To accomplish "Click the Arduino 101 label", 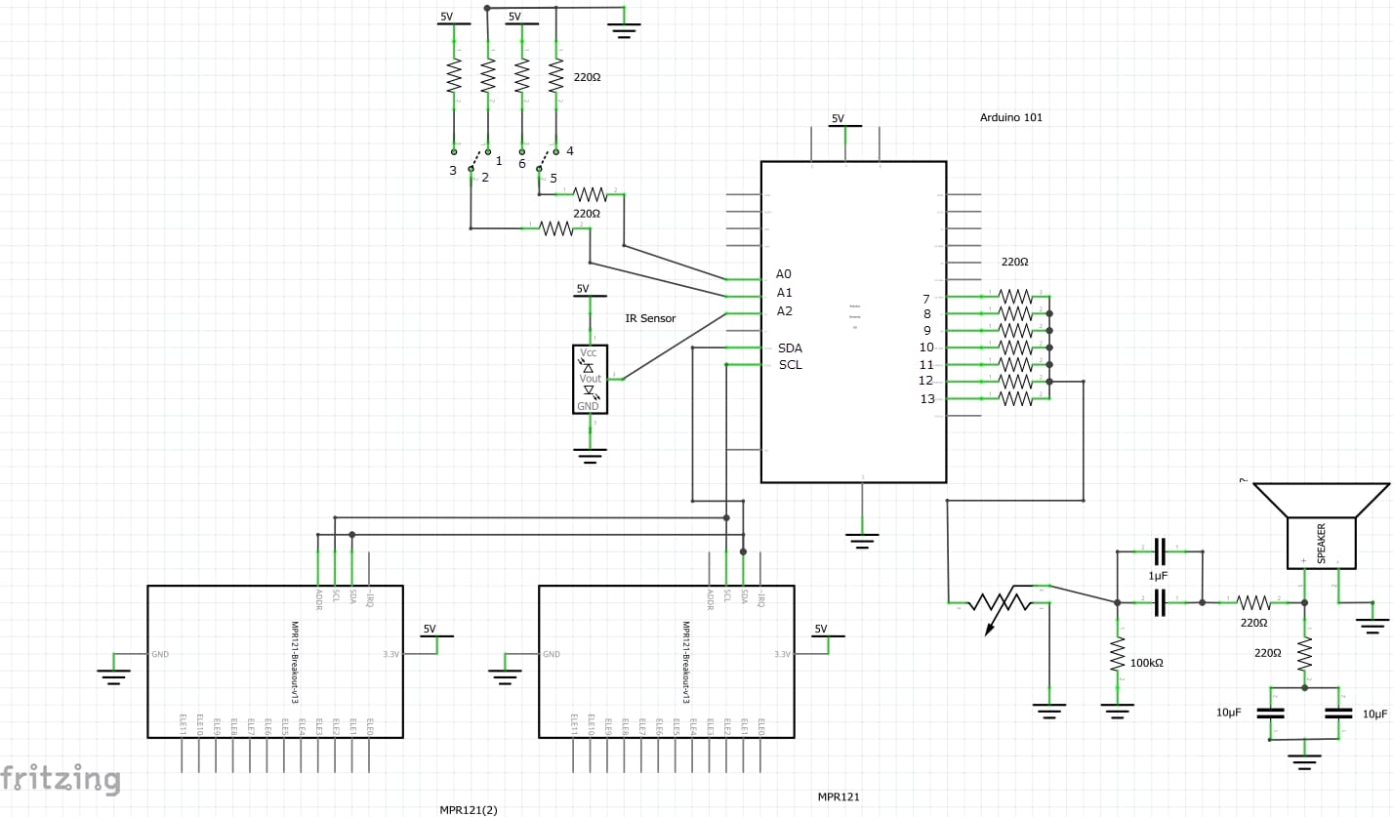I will point(1010,117).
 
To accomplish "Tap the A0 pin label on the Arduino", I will point(784,274).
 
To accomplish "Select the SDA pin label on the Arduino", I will point(790,347).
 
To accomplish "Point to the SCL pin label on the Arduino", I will point(790,365).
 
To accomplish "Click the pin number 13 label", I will point(926,398).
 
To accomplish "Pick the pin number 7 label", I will point(926,299).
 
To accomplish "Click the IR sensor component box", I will point(590,379).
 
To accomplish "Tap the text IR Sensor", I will point(650,318).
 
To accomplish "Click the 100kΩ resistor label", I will point(1146,663).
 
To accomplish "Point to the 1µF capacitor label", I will point(1158,577).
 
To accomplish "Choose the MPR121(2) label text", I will point(468,809).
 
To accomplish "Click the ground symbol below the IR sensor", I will point(590,454).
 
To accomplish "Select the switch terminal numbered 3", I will point(452,171).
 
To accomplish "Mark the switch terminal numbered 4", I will point(569,151).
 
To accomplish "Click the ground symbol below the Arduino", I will point(862,539).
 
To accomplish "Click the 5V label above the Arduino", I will point(838,118).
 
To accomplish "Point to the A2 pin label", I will point(784,311).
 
